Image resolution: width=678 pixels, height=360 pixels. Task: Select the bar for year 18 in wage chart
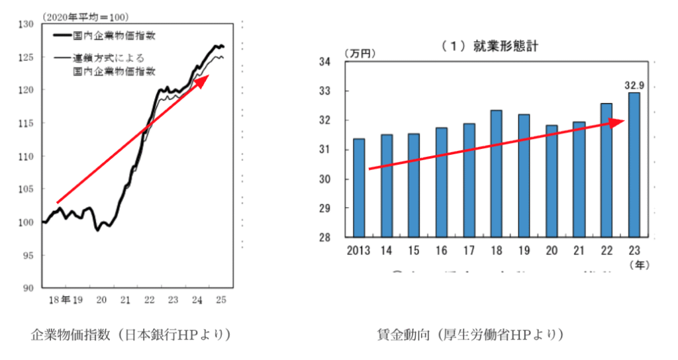pos(497,173)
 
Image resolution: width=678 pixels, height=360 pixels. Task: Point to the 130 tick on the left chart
pos(26,24)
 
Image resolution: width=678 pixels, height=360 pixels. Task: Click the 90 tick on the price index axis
pos(28,288)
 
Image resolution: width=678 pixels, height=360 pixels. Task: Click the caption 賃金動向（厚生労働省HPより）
pos(469,335)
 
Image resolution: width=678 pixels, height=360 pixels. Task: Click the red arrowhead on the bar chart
pos(618,122)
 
